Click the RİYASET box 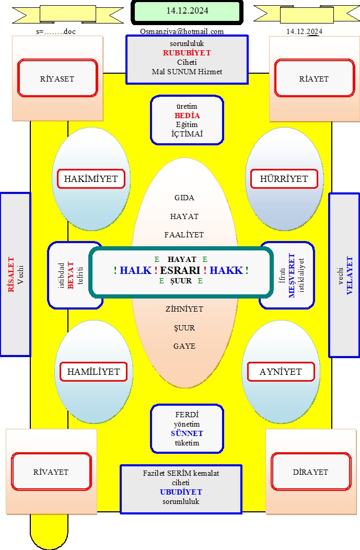(x=57, y=78)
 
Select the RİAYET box (x=315, y=78)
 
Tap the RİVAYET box (x=51, y=472)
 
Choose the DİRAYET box (x=311, y=472)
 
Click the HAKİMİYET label (x=91, y=178)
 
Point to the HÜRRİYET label (x=284, y=178)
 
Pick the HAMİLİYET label (x=94, y=372)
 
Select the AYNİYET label (x=281, y=372)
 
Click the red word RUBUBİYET (x=187, y=53)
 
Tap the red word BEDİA (x=187, y=116)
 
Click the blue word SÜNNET (x=187, y=433)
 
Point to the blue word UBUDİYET (x=181, y=492)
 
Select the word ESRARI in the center (x=180, y=270)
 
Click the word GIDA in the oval (x=184, y=198)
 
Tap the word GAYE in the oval (x=184, y=346)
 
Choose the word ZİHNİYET (x=184, y=309)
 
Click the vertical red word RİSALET (x=11, y=274)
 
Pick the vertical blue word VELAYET (x=350, y=276)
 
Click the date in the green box (x=187, y=11)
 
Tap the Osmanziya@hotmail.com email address (x=182, y=31)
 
